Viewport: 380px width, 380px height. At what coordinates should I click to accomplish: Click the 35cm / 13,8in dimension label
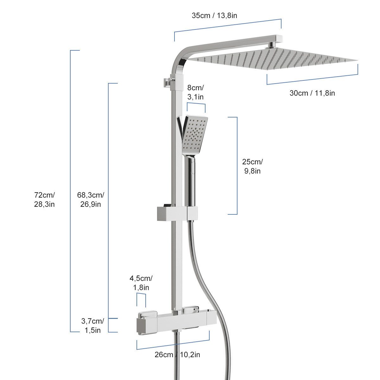pos(214,16)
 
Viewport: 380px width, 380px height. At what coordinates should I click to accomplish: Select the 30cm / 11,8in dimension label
pos(312,93)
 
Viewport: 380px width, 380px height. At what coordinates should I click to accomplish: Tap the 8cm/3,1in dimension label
pos(195,92)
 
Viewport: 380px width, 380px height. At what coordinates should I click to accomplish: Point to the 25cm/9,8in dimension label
pos(252,166)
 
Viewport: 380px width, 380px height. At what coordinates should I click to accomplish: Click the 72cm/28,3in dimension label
pos(44,199)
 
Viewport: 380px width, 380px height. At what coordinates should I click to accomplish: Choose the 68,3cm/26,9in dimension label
pos(91,199)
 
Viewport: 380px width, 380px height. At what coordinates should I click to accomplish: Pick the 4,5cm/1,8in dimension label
pos(141,283)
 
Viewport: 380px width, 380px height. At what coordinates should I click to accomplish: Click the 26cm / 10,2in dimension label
pos(177,354)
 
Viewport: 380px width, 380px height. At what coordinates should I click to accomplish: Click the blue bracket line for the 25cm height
pos(237,166)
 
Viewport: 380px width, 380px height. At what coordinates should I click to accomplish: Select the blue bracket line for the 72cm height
pos(70,190)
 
